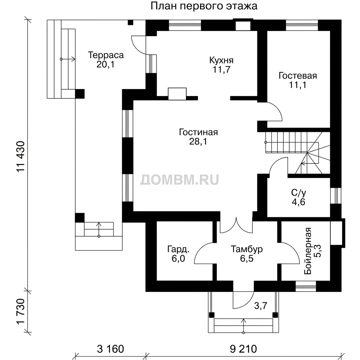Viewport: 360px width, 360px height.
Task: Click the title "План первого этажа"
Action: click(x=204, y=6)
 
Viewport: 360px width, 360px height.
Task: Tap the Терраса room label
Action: click(x=106, y=55)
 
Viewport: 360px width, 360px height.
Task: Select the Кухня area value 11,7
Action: click(x=221, y=69)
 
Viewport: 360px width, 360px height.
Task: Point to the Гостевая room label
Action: click(x=297, y=76)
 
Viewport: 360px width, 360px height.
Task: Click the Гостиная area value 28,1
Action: click(x=198, y=141)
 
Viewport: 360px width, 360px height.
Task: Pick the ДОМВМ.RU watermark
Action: click(x=180, y=180)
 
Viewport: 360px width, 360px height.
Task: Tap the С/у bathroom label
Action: click(x=298, y=193)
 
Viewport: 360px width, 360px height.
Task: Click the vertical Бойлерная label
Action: click(x=308, y=251)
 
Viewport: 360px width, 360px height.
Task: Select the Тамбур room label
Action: click(x=246, y=249)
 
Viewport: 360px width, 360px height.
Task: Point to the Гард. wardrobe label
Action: click(x=178, y=249)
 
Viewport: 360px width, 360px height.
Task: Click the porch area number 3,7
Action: click(x=261, y=306)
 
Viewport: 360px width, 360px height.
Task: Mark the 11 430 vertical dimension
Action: click(x=20, y=156)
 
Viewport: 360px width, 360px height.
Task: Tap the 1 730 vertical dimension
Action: click(x=20, y=312)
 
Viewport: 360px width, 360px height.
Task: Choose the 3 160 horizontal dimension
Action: click(x=110, y=349)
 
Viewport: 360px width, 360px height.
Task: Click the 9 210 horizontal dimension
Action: click(x=243, y=349)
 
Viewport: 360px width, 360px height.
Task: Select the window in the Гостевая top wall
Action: click(x=302, y=25)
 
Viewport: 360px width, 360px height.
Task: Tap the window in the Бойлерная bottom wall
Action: click(x=306, y=286)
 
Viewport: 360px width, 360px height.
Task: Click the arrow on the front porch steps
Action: click(x=243, y=325)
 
